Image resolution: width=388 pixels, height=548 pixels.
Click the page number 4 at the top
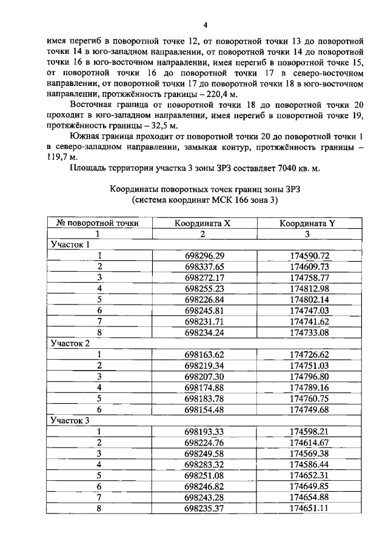pyautogui.click(x=205, y=25)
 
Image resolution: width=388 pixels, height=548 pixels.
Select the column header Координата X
pyautogui.click(x=202, y=223)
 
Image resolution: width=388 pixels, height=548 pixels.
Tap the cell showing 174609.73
pyautogui.click(x=309, y=266)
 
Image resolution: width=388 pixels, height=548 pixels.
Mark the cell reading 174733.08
pyautogui.click(x=309, y=332)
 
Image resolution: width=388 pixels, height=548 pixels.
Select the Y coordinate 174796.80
pyautogui.click(x=309, y=375)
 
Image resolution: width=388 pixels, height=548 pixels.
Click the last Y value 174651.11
pyautogui.click(x=309, y=507)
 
